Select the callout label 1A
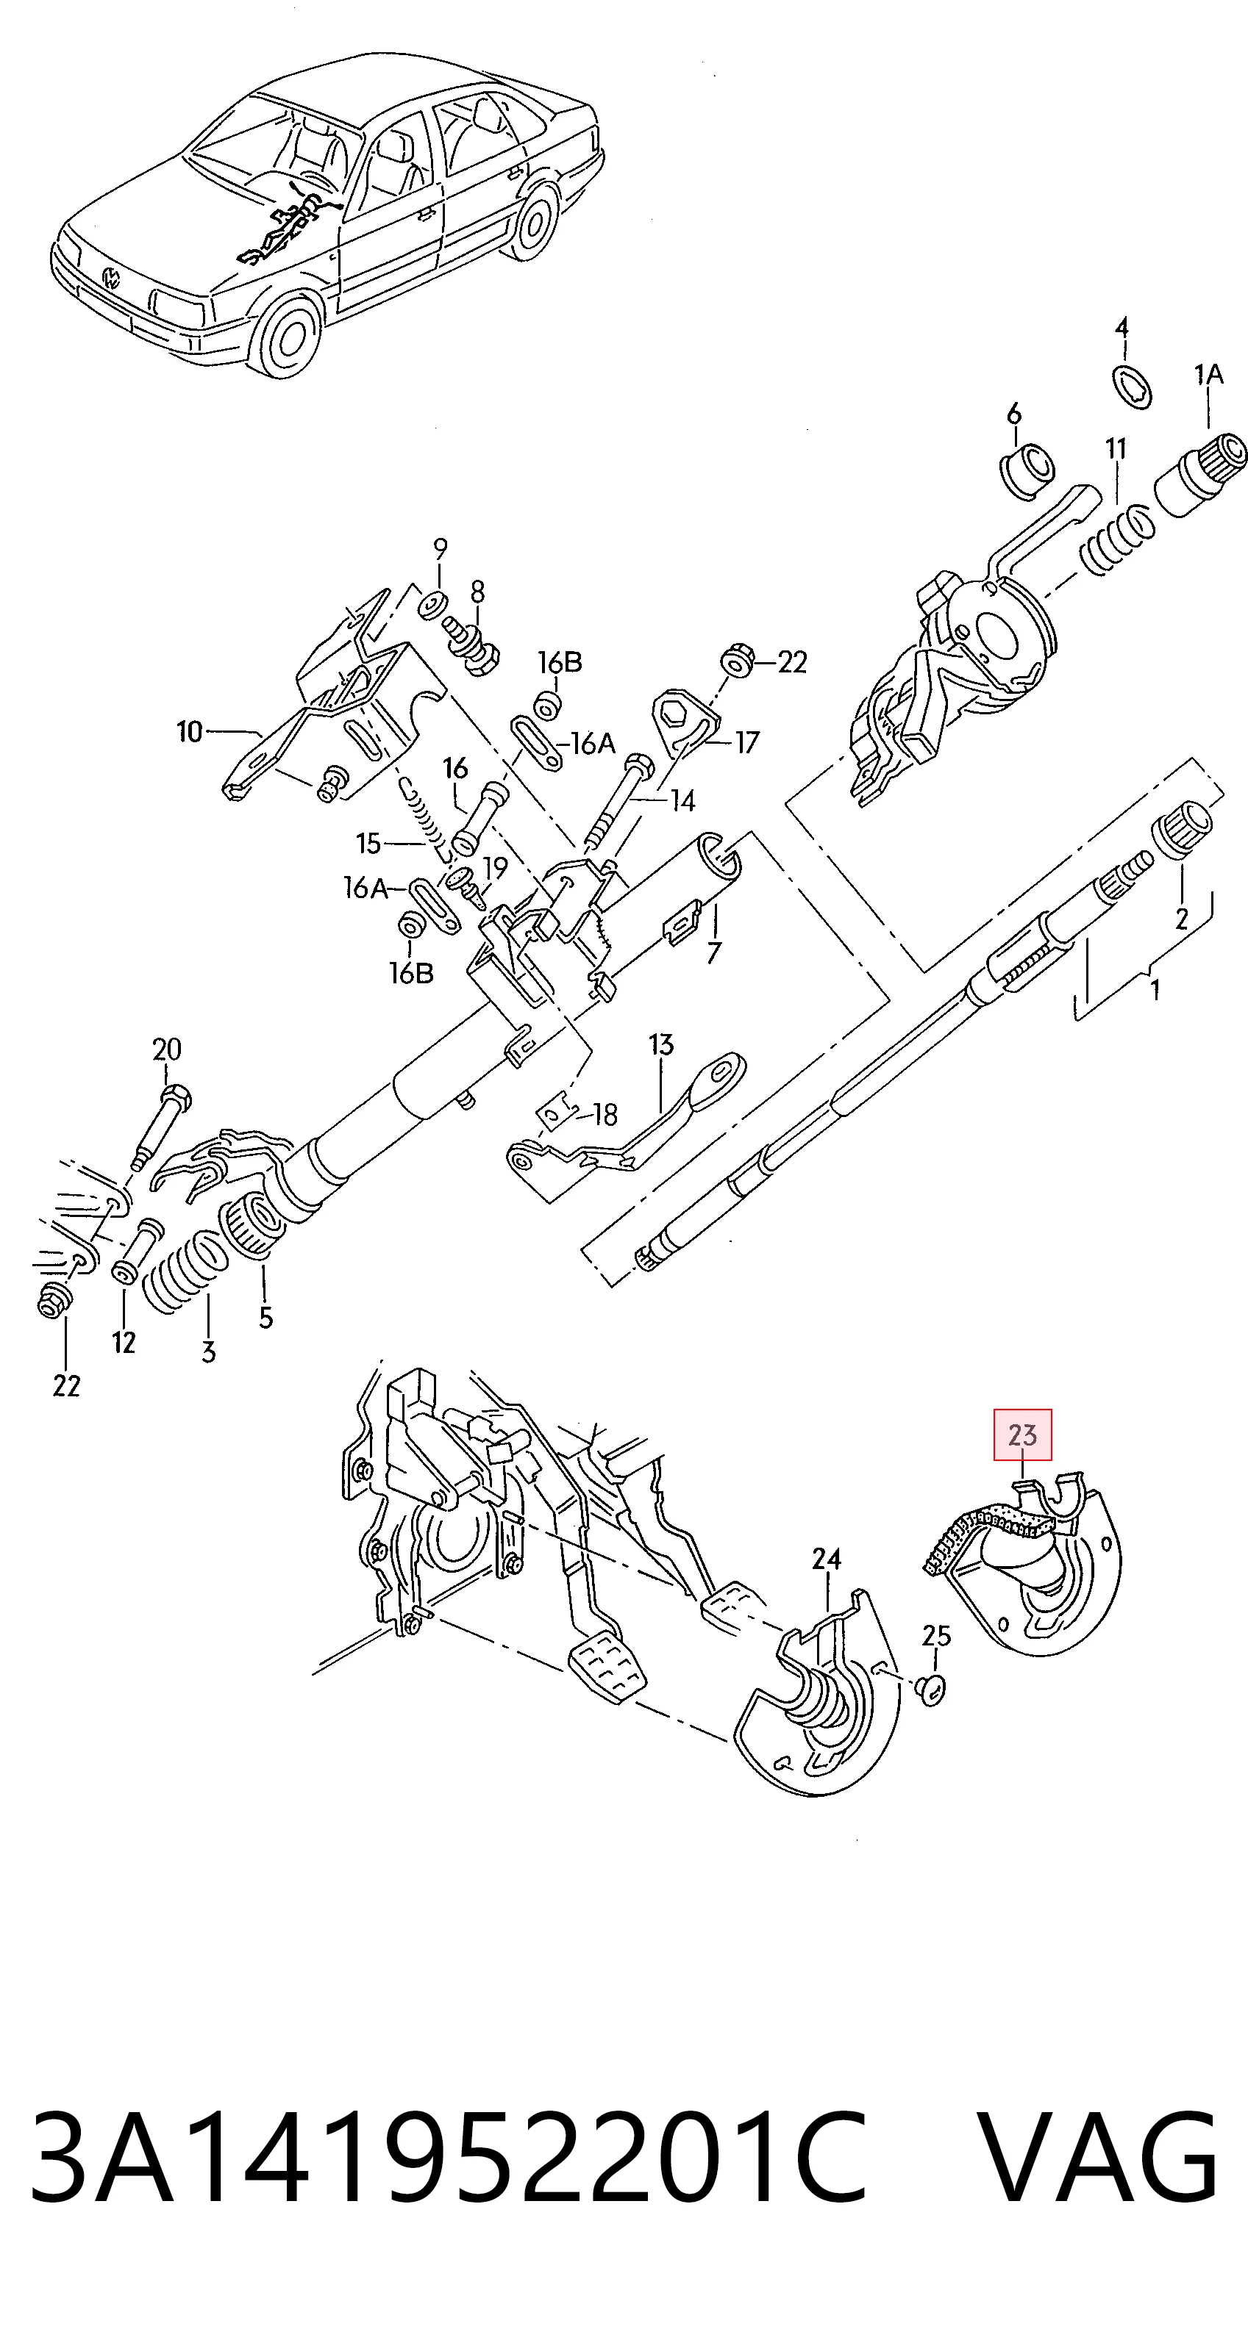coord(1208,374)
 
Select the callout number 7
coord(714,952)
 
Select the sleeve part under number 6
coord(1030,469)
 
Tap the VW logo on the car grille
coord(112,276)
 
